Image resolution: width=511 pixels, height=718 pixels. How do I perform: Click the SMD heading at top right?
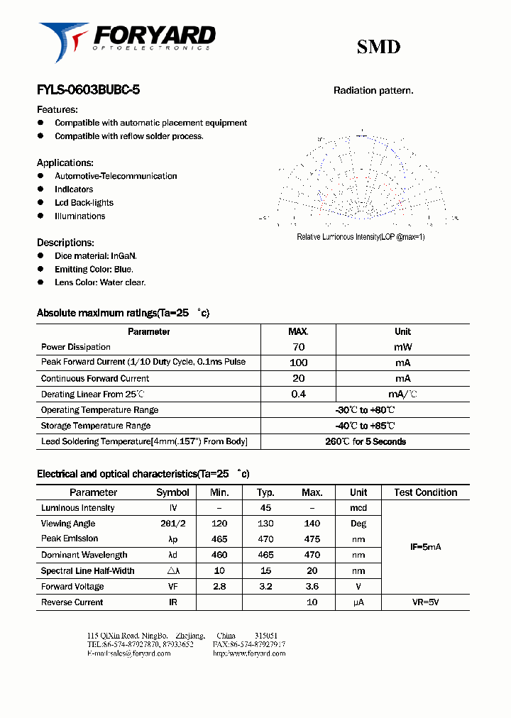(x=378, y=47)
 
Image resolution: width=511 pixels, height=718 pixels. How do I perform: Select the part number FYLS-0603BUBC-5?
(x=88, y=91)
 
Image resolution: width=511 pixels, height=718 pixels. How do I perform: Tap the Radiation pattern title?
(x=373, y=91)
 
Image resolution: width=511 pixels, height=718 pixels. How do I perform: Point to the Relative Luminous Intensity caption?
(x=361, y=237)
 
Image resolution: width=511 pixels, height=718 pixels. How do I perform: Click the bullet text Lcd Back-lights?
(x=84, y=203)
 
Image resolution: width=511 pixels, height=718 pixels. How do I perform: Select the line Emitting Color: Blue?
(x=94, y=270)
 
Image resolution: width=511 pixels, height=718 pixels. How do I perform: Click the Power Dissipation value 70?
(x=298, y=347)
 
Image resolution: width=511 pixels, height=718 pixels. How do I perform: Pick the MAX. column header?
(x=298, y=331)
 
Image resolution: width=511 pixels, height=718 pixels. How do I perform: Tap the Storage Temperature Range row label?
(x=96, y=426)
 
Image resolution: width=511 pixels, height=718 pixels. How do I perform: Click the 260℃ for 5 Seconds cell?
(x=365, y=441)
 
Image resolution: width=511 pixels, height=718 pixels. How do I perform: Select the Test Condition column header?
(x=425, y=492)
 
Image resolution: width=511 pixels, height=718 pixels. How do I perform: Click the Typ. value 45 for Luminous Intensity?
(x=265, y=508)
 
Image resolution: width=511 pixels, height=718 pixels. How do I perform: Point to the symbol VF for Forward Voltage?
(x=172, y=587)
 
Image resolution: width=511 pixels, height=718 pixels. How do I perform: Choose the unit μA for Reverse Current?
(x=358, y=602)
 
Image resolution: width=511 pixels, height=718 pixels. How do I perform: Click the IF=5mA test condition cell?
(x=425, y=547)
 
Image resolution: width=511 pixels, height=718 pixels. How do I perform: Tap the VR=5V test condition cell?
(x=425, y=602)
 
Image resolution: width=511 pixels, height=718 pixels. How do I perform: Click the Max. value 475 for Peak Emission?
(x=312, y=539)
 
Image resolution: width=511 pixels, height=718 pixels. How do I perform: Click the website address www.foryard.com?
(x=249, y=653)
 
